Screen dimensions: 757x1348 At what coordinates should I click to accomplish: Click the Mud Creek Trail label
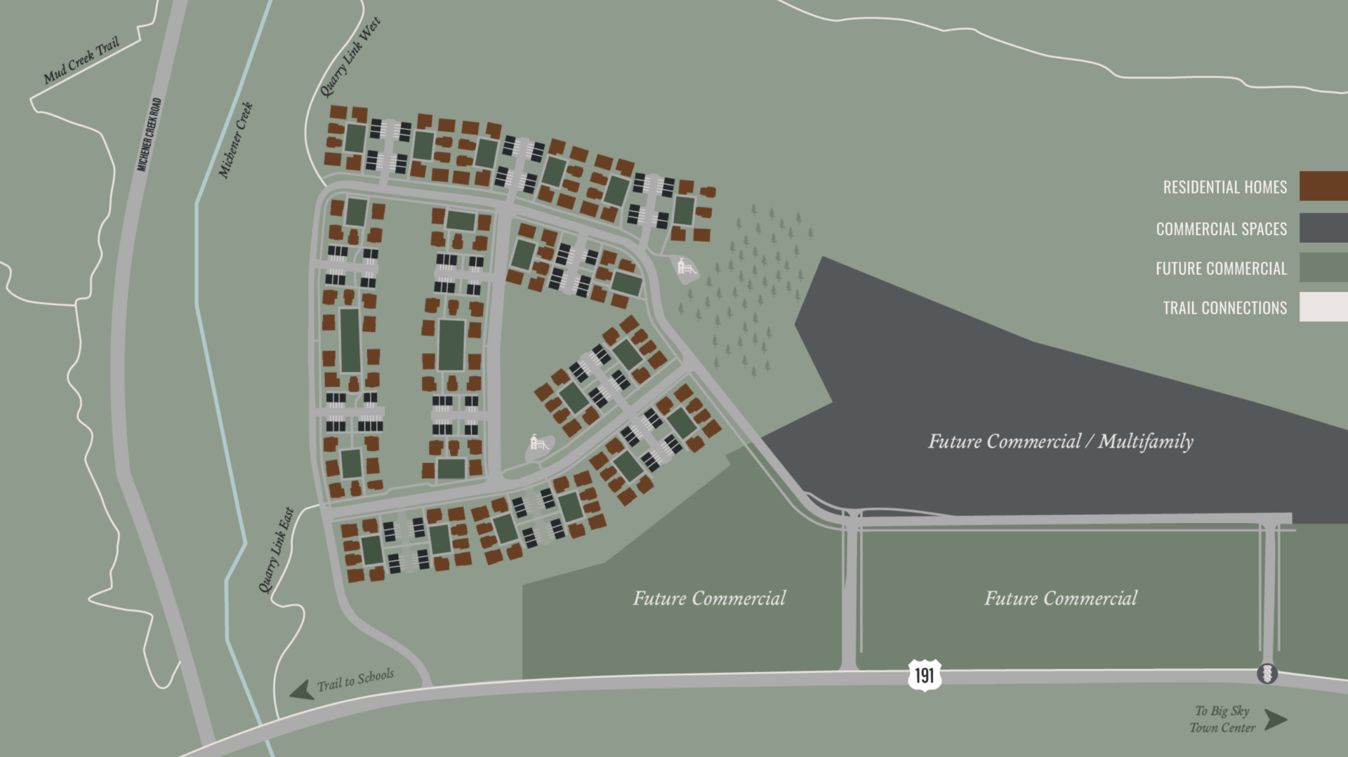tap(81, 61)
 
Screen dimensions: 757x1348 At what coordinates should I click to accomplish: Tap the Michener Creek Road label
tap(150, 134)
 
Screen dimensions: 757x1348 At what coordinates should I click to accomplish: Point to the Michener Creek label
tap(236, 140)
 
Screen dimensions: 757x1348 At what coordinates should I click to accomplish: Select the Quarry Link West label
tap(350, 58)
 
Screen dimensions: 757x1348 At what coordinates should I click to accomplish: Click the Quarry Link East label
tap(276, 550)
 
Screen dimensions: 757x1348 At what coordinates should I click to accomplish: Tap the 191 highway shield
tap(924, 675)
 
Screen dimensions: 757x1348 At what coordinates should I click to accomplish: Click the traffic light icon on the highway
tap(1267, 674)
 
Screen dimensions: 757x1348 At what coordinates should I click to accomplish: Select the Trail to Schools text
tap(355, 679)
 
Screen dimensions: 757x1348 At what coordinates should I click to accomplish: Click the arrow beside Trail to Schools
tap(302, 690)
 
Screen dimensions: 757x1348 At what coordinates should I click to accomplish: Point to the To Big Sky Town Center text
tap(1222, 719)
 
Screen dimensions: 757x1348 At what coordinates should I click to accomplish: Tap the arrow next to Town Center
tap(1276, 720)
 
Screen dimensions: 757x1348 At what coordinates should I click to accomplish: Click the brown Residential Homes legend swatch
tap(1323, 186)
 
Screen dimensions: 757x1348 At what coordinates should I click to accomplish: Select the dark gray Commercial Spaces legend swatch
tap(1323, 228)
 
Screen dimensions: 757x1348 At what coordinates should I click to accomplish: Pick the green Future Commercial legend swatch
tap(1323, 267)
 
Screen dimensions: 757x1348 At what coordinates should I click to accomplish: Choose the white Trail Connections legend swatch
tap(1323, 307)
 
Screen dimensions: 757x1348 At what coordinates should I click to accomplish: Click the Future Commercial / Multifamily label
tap(1060, 441)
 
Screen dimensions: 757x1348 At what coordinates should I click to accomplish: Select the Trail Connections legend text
tap(1224, 308)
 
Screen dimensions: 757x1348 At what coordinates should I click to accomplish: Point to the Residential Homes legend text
tap(1224, 187)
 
